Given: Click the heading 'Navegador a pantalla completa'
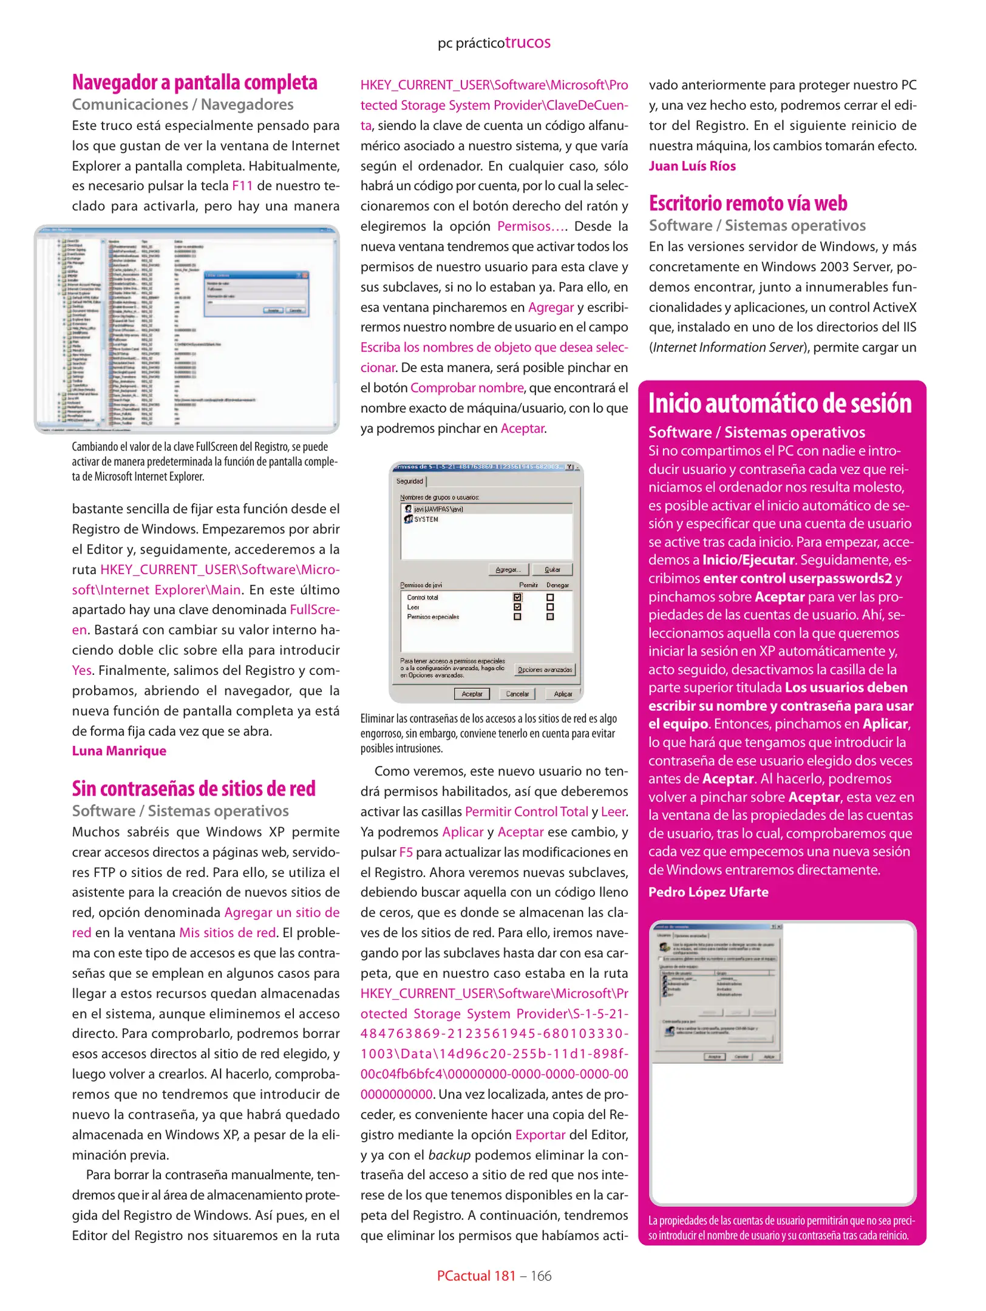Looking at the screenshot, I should coord(194,83).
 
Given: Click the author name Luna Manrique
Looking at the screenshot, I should coord(119,751).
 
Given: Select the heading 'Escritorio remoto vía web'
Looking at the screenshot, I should coord(747,203).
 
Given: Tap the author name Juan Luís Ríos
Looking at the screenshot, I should coord(692,166).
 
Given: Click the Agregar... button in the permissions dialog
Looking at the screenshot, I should coord(508,569).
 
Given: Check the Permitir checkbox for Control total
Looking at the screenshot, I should coord(517,597).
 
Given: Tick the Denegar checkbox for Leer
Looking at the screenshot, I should coord(550,607).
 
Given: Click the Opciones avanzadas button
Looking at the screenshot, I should coord(544,669).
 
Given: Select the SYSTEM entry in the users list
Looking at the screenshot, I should coord(426,520).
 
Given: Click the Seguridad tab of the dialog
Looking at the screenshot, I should coord(410,481).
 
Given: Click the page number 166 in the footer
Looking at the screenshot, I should coord(540,1276).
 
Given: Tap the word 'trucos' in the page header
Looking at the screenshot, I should coord(528,42).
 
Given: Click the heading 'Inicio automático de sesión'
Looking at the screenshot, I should coord(780,404).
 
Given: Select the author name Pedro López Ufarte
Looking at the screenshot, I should coord(708,892).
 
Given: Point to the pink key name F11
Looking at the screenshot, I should coord(242,186).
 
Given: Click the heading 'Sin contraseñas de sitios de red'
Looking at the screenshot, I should coord(194,788).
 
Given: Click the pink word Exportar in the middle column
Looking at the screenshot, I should coord(540,1135).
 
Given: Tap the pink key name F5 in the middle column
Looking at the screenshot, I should coord(406,852).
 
